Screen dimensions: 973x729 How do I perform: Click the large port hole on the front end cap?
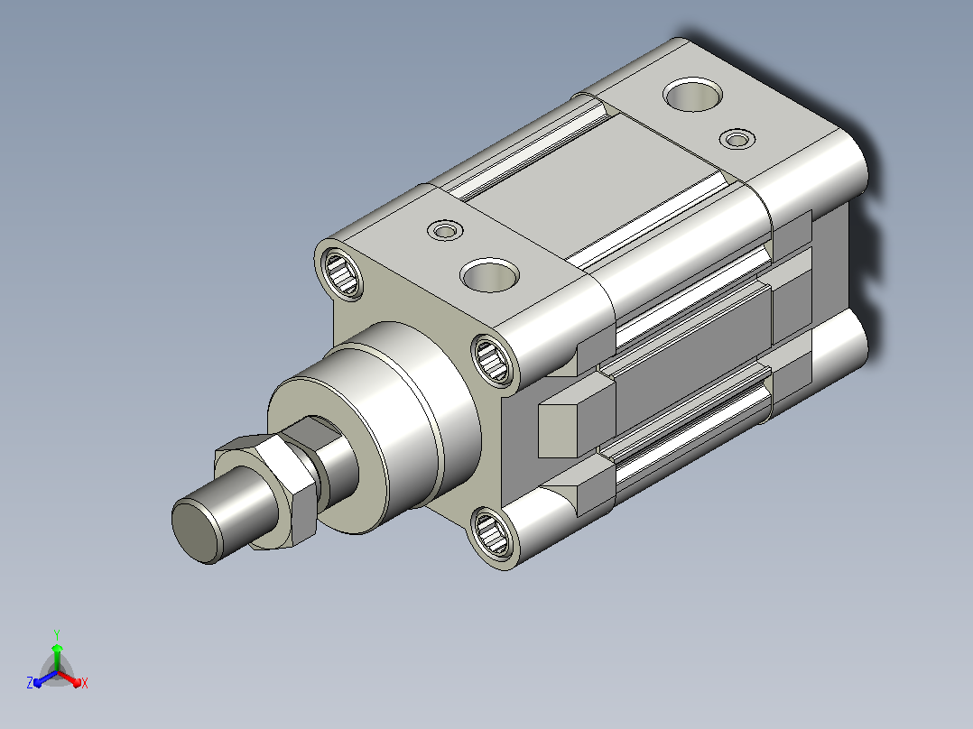tap(489, 275)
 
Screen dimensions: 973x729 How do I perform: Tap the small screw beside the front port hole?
tap(445, 231)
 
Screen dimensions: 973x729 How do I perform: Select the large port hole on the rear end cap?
tap(692, 95)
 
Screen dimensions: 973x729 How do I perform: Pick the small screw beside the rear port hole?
tap(737, 140)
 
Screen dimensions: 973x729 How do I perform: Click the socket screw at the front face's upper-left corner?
tap(341, 273)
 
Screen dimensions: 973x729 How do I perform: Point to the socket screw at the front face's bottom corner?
tap(493, 531)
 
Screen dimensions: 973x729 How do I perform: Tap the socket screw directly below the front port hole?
tap(493, 358)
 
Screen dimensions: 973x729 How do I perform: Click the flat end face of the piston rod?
tap(196, 532)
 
